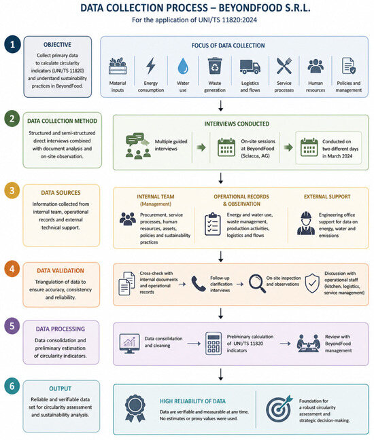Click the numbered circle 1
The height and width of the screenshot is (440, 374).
pos(12,44)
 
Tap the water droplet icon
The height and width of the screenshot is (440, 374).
pos(183,67)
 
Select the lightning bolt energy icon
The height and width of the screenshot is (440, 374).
pos(151,66)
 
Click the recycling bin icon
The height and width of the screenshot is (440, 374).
pos(215,66)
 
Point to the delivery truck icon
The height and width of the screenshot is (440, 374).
pos(250,67)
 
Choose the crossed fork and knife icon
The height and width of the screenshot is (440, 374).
pos(284,66)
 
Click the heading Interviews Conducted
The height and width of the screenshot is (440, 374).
pos(237,124)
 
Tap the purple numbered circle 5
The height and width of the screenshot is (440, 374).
pos(12,326)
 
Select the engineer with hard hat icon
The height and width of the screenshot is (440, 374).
pos(306,223)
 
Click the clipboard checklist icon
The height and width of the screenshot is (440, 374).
pos(213,223)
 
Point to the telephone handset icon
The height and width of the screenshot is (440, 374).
pos(199,283)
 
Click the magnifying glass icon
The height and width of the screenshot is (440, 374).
pos(257,283)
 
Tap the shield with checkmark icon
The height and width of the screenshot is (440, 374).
pos(312,283)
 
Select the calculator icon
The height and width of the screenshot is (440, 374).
pos(214,344)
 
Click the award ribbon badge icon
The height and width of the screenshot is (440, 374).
pos(135,409)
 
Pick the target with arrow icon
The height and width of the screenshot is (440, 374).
pos(279,409)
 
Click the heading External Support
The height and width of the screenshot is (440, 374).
pos(327,197)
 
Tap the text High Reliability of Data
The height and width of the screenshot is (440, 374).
pos(192,401)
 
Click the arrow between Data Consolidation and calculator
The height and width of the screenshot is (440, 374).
pos(194,344)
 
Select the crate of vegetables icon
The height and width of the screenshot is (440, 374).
pos(118,66)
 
